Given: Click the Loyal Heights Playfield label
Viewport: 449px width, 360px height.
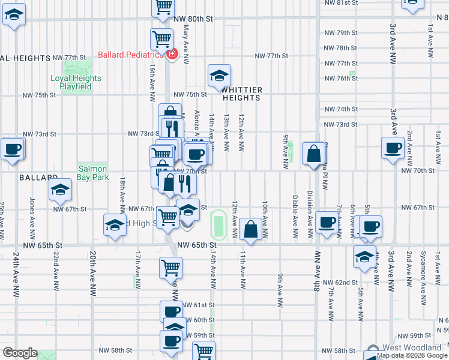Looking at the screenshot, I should [x=76, y=82].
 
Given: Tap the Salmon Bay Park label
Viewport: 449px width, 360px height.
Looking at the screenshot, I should [x=92, y=173].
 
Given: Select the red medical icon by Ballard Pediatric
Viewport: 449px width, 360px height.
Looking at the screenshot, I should [x=173, y=55].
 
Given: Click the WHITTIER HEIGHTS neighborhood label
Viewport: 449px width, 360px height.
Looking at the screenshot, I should [x=243, y=93].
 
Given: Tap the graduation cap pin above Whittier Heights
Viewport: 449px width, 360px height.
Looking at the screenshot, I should [x=220, y=76].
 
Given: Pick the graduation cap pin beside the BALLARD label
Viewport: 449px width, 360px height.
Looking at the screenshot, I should [x=60, y=191].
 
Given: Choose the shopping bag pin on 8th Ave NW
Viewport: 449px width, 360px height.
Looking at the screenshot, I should [x=315, y=154].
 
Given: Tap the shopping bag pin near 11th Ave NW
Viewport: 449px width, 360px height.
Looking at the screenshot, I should [x=250, y=229].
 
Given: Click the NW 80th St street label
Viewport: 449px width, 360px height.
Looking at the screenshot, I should [x=193, y=19].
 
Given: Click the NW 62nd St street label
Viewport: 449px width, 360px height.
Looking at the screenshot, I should [x=340, y=282].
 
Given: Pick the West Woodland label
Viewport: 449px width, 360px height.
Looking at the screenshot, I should [x=414, y=348].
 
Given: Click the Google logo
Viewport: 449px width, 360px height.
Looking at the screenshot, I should [x=20, y=353].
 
